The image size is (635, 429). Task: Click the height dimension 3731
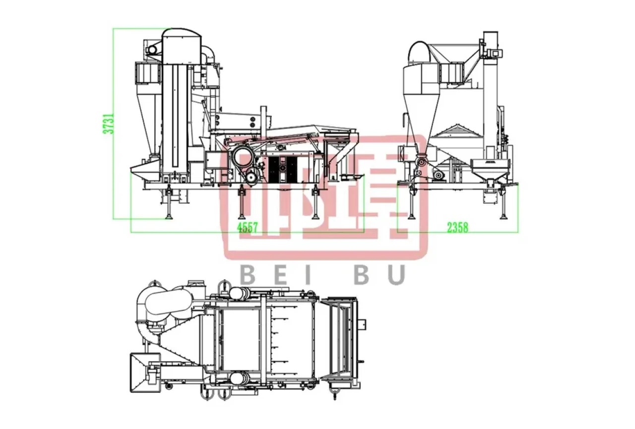click(109, 123)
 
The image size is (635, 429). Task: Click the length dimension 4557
click(248, 227)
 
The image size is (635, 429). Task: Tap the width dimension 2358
click(457, 227)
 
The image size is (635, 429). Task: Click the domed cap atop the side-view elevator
click(182, 35)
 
